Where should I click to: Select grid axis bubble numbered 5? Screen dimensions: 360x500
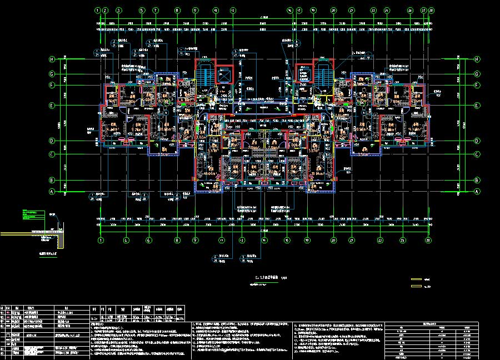pyautogui.click(x=142, y=10)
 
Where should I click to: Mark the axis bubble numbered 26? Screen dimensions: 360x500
pyautogui.click(x=410, y=10)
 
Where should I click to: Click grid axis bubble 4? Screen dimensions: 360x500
pyautogui.click(x=126, y=241)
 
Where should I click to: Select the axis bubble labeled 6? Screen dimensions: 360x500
pyautogui.click(x=149, y=241)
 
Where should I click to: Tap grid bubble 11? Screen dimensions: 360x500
pyautogui.click(x=221, y=241)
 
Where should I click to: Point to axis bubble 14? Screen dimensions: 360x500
pyautogui.click(x=264, y=241)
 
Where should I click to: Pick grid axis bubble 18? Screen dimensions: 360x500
pyautogui.click(x=307, y=241)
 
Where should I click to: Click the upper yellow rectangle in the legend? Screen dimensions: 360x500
pyautogui.click(x=416, y=279)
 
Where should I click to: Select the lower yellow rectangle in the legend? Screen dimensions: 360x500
pyautogui.click(x=416, y=287)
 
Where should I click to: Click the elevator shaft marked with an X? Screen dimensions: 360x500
pyautogui.click(x=224, y=74)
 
